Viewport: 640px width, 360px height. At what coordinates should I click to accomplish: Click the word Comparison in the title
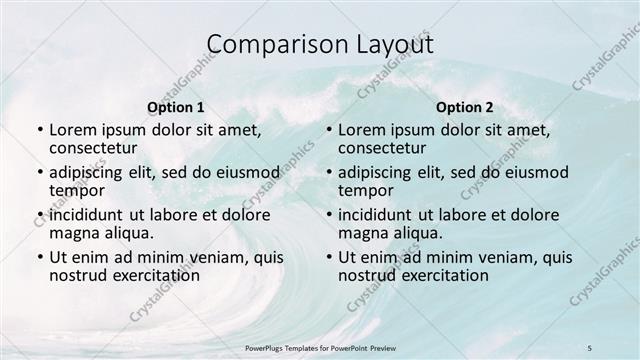click(x=269, y=45)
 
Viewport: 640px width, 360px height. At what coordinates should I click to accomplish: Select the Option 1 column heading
click(x=176, y=107)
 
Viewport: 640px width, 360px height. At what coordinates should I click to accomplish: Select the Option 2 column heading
click(x=465, y=107)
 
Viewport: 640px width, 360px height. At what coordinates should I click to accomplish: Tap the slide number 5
click(x=590, y=347)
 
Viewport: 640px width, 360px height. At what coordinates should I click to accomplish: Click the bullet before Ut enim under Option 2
click(x=328, y=257)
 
